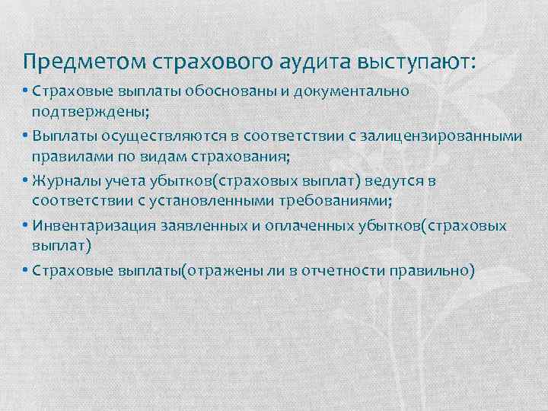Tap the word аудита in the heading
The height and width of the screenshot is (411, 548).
(x=320, y=59)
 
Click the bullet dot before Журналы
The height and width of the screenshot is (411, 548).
(x=25, y=181)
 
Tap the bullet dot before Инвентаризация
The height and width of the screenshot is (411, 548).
(x=25, y=226)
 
